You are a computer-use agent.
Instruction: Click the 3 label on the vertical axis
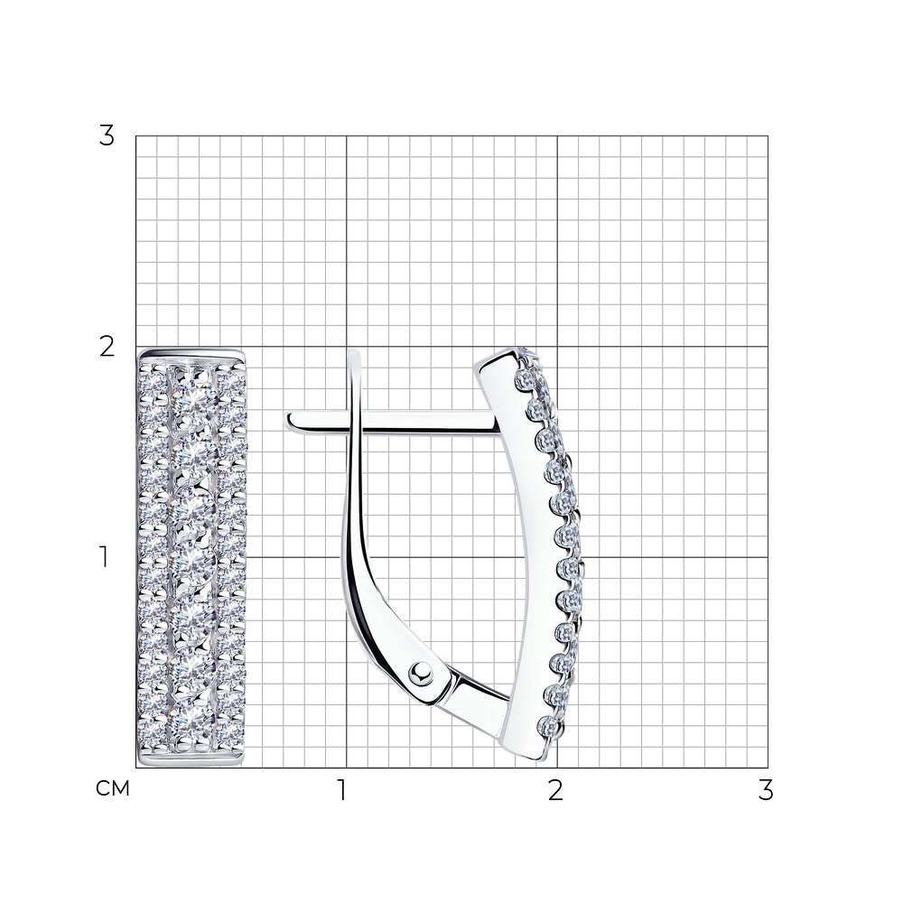coord(107,136)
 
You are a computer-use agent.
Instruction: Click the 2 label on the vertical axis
coord(107,348)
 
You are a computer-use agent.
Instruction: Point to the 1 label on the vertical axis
coord(104,557)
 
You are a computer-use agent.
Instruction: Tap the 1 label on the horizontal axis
coord(342,791)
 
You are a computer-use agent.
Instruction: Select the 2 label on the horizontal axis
coord(555,791)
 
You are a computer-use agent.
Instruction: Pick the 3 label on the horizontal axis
coord(766,791)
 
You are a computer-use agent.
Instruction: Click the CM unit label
coord(113,788)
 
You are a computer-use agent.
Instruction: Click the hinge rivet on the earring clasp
coord(422,672)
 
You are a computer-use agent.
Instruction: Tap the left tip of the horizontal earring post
coord(286,421)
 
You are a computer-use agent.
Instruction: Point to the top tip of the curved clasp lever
coord(354,350)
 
